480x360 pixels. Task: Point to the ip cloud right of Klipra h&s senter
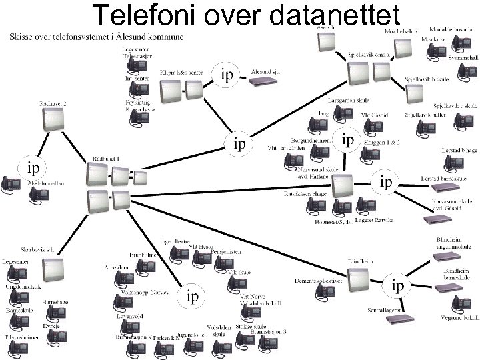[227, 75]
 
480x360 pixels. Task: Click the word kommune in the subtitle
[163, 37]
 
